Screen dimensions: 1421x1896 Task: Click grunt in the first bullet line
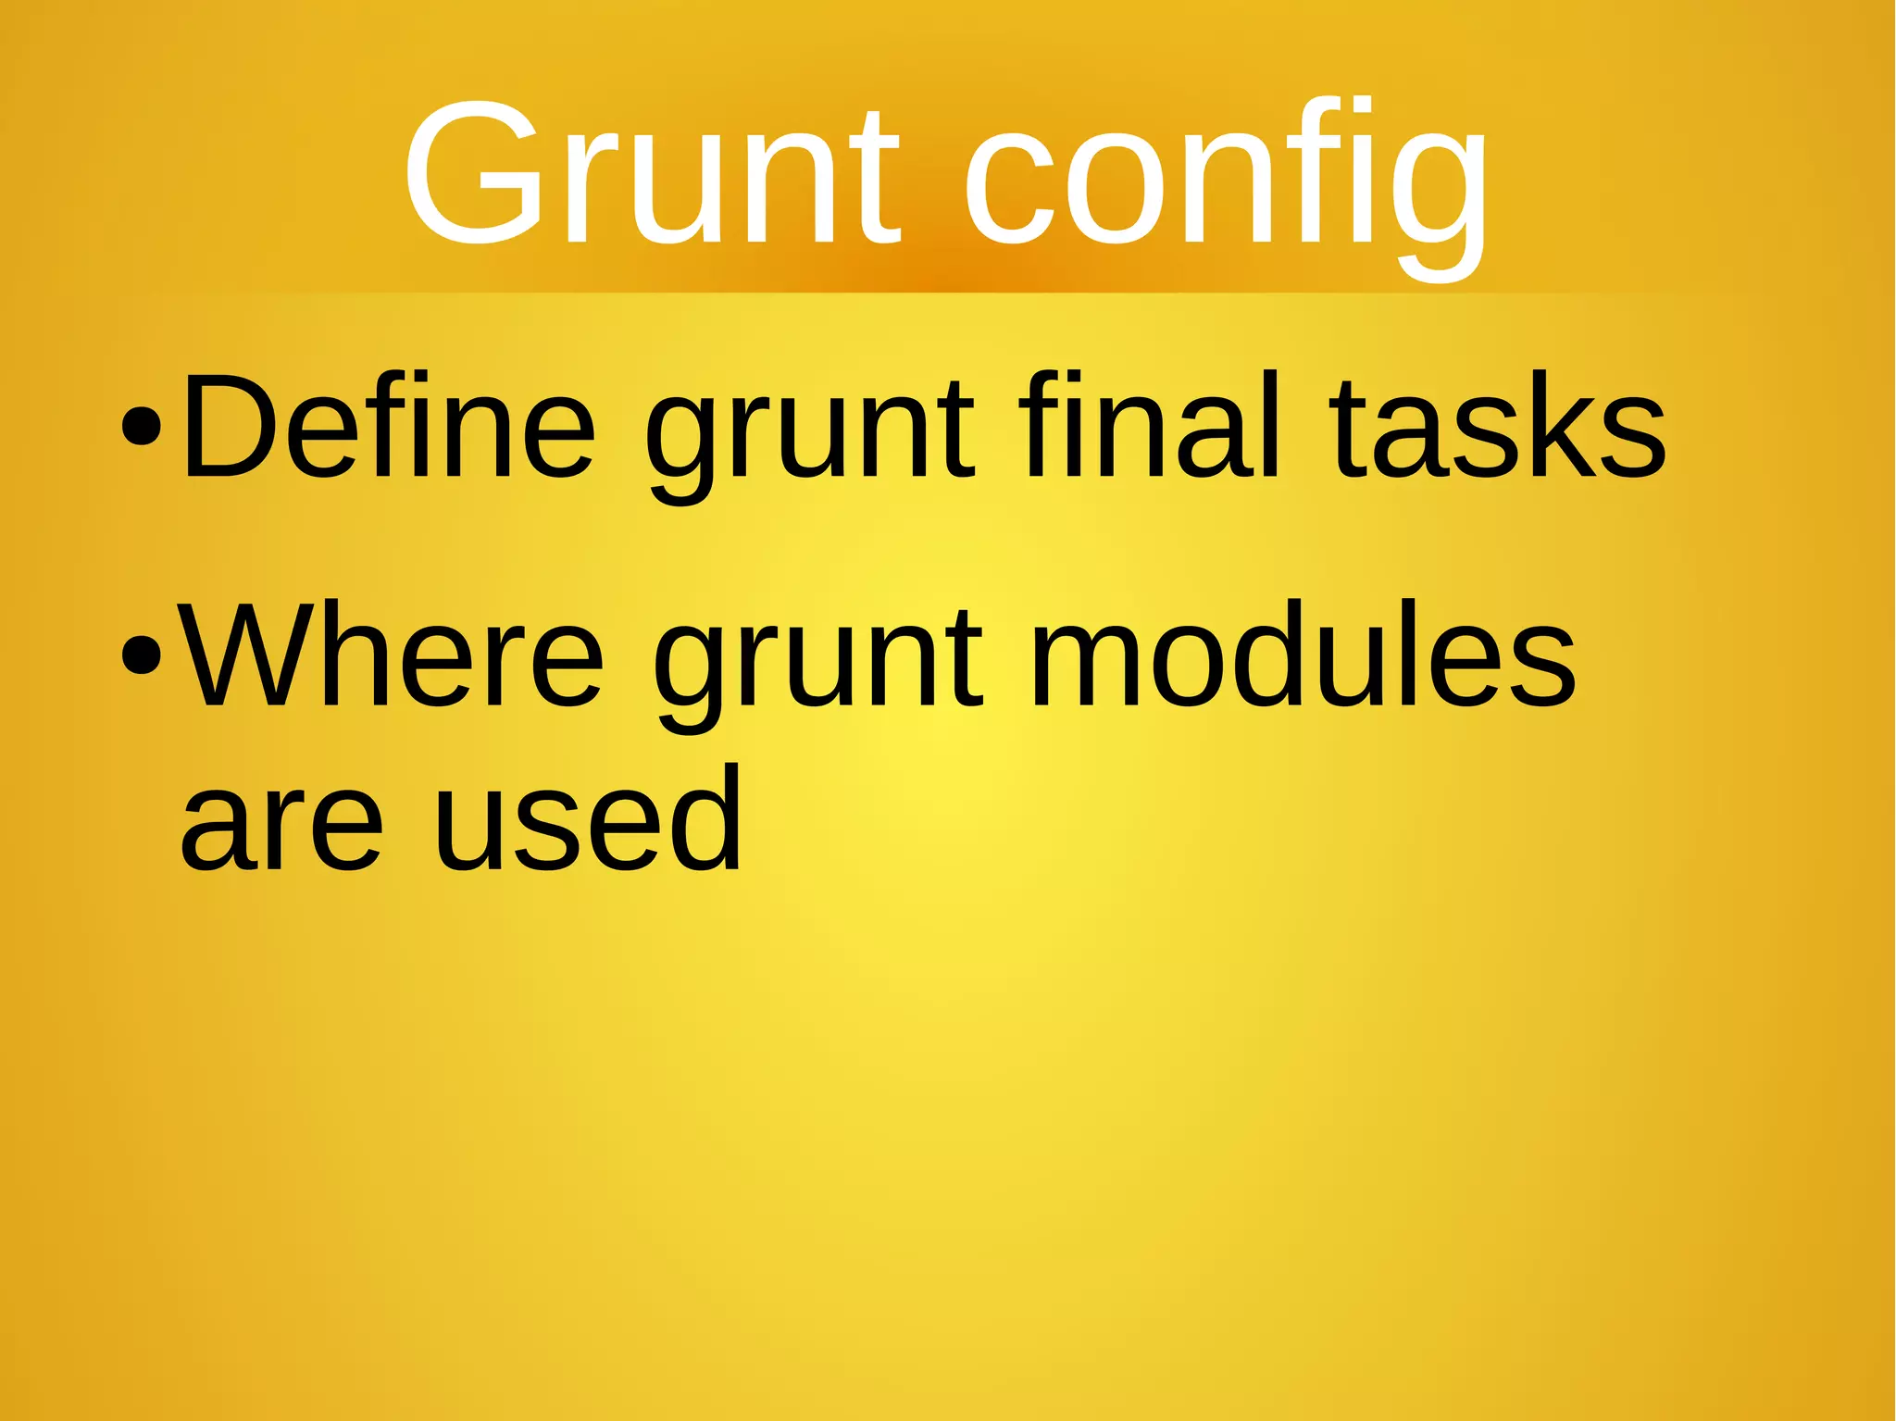click(x=809, y=435)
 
